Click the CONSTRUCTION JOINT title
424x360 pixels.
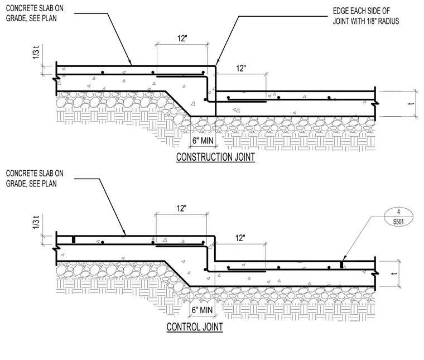coord(215,157)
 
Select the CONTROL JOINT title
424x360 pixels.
coord(195,327)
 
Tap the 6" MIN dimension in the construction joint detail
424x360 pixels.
coord(203,141)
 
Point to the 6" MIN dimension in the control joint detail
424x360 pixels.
coord(203,310)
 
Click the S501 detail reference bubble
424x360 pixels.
coord(398,217)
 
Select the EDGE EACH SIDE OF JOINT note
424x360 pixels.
coord(366,16)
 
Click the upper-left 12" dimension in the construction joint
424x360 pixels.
coord(182,39)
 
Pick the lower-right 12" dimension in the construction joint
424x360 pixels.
coord(240,68)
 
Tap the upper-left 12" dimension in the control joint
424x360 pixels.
coord(182,208)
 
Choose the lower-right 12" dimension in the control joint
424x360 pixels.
coord(240,238)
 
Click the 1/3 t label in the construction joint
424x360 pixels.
coord(36,52)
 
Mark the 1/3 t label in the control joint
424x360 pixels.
coord(36,222)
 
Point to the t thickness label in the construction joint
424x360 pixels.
coord(412,104)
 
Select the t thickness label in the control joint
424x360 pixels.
coord(396,273)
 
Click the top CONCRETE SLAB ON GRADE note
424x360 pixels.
coord(35,13)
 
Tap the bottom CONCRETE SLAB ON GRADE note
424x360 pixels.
coord(35,178)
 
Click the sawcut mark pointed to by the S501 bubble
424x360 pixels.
coord(341,264)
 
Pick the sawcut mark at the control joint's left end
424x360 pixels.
coord(73,239)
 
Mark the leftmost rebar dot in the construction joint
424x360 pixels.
coord(103,72)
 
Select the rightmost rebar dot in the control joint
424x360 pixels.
coord(329,267)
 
